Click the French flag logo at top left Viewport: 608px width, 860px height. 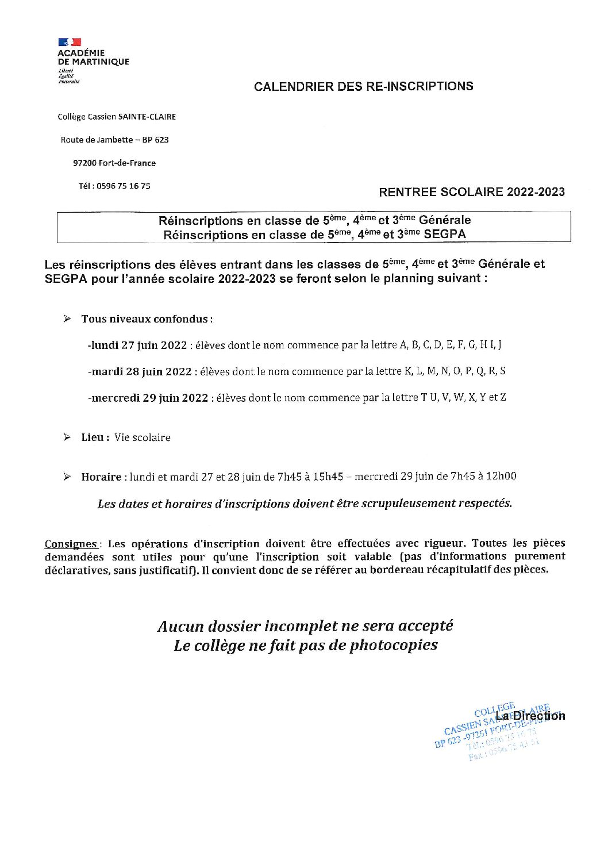click(70, 42)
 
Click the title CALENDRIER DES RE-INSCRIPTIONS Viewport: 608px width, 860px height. click(363, 86)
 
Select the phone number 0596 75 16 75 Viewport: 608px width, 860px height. click(123, 186)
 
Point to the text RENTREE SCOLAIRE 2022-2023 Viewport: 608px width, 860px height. click(471, 192)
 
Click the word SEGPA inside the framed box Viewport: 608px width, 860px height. click(444, 235)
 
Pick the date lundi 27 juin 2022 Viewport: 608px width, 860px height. click(138, 345)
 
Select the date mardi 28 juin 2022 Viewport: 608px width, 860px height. click(141, 371)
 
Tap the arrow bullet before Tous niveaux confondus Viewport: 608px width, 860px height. click(67, 318)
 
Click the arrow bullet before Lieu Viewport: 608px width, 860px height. click(67, 437)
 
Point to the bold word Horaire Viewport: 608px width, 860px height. click(101, 477)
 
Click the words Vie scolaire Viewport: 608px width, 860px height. click(143, 437)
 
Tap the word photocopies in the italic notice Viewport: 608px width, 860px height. click(393, 645)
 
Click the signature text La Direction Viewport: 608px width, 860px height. click(530, 716)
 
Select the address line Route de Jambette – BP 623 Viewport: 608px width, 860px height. click(114, 140)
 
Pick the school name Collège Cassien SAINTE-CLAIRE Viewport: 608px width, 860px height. click(117, 117)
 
